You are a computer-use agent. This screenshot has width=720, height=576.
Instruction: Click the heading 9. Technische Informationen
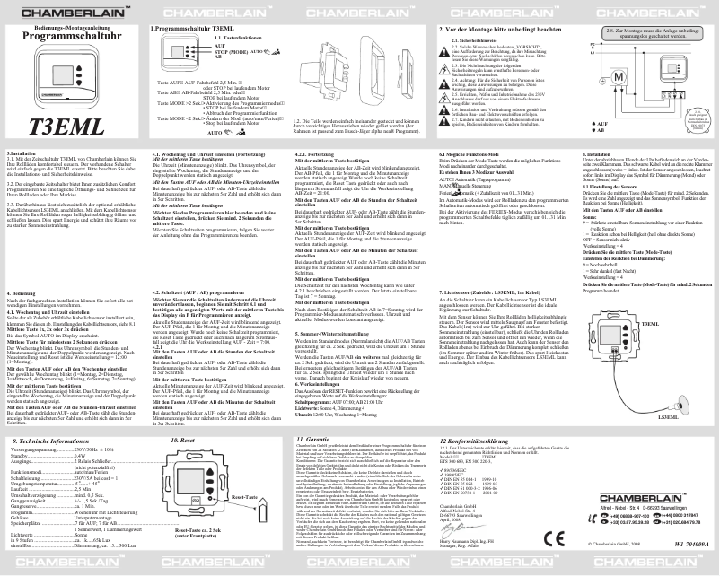[55, 441]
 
